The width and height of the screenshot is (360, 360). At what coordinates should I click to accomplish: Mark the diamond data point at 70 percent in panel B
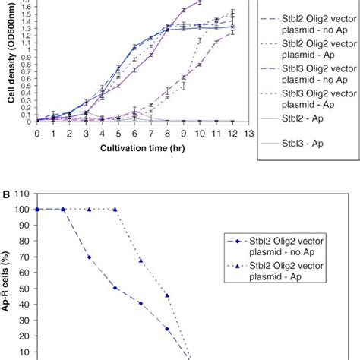pos(89,257)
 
